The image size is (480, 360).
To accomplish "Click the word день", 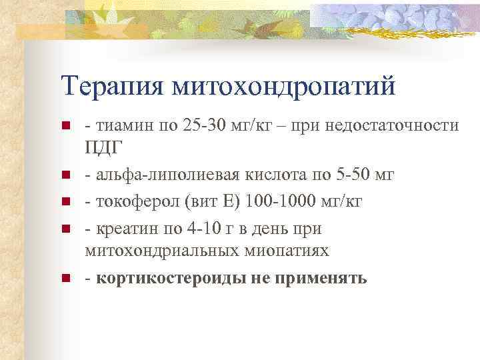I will [268, 229].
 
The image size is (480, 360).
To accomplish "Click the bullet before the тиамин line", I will [65, 126].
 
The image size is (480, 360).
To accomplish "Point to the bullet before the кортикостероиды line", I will [65, 278].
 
